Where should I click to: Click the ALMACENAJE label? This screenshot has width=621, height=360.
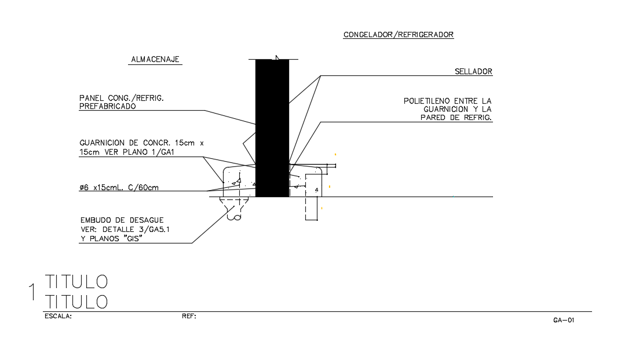pos(156,59)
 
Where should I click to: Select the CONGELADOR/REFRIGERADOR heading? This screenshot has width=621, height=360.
pos(399,35)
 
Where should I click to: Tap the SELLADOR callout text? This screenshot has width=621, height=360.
pos(473,72)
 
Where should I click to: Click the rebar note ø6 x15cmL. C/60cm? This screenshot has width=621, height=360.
pos(119,187)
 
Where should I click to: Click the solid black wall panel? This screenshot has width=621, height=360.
pos(272,128)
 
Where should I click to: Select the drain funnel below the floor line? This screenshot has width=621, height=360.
pos(234,209)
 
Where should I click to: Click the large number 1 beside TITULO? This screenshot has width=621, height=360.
pos(32,292)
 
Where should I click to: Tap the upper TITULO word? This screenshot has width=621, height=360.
pos(76,282)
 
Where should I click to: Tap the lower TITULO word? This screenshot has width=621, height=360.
pos(76,301)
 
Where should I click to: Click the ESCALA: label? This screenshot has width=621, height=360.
pos(58,317)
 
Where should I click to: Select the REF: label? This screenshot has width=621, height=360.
pos(189,317)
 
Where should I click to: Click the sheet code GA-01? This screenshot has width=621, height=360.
pos(563,319)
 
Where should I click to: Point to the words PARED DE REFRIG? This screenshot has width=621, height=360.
pos(456,117)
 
